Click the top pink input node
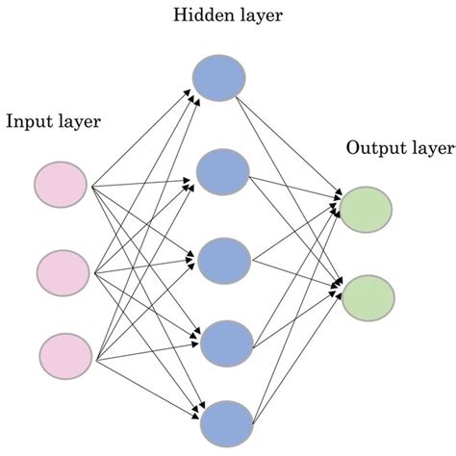point(61,185)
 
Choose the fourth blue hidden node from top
point(225,339)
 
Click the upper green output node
point(367,209)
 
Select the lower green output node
point(367,296)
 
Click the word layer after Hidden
point(255,15)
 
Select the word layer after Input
point(78,123)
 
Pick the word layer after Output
point(431,150)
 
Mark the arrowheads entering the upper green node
point(337,205)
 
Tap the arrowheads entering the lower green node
point(337,288)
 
